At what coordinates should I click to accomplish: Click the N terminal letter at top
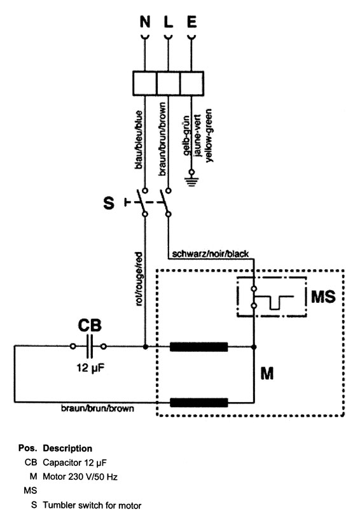pyautogui.click(x=145, y=22)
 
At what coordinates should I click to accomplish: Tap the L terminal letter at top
pyautogui.click(x=168, y=22)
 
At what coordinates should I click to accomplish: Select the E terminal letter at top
pyautogui.click(x=191, y=22)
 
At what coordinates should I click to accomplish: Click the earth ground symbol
pyautogui.click(x=191, y=178)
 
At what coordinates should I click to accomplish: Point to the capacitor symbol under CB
pyautogui.click(x=88, y=346)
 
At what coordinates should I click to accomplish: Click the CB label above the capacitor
pyautogui.click(x=90, y=325)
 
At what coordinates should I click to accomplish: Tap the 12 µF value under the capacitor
pyautogui.click(x=90, y=368)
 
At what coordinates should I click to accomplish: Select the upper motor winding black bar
pyautogui.click(x=198, y=347)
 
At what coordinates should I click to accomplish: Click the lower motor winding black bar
pyautogui.click(x=198, y=402)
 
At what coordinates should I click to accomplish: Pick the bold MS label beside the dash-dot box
pyautogui.click(x=323, y=297)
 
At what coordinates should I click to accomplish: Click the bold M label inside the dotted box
pyautogui.click(x=267, y=373)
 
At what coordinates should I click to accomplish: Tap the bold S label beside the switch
pyautogui.click(x=109, y=203)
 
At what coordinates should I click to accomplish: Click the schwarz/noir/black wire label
pyautogui.click(x=211, y=254)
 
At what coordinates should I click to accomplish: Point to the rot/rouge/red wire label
pyautogui.click(x=139, y=279)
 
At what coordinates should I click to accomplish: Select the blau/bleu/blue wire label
pyautogui.click(x=139, y=139)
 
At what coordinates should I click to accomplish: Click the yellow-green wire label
pyautogui.click(x=209, y=136)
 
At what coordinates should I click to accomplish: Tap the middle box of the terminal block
pyautogui.click(x=168, y=83)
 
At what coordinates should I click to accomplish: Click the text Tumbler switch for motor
pyautogui.click(x=92, y=505)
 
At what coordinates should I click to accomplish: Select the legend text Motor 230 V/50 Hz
pyautogui.click(x=80, y=477)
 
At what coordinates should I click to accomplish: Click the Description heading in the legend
pyautogui.click(x=67, y=449)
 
